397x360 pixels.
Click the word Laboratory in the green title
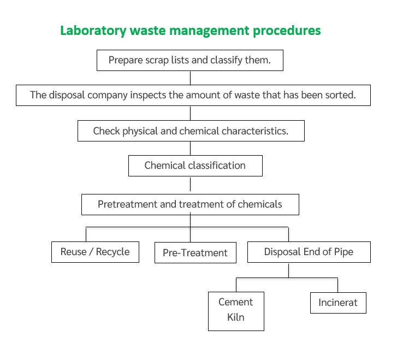[x=93, y=31]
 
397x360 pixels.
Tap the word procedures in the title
[x=287, y=31]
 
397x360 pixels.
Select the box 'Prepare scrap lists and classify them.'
[x=190, y=60]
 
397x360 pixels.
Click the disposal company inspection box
[x=193, y=95]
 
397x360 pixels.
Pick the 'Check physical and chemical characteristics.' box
[x=191, y=131]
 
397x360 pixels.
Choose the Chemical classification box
[x=195, y=166]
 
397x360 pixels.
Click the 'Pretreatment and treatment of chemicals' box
[x=190, y=204]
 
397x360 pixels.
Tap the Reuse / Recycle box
[x=95, y=252]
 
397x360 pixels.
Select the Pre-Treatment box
[x=195, y=252]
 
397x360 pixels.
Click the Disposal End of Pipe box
[x=309, y=252]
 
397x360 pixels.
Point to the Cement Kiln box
[x=236, y=311]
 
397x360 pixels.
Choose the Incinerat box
[x=338, y=303]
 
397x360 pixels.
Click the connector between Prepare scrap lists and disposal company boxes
[x=190, y=78]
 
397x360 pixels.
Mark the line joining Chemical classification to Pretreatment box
[x=190, y=184]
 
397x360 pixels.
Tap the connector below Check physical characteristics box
[x=190, y=148]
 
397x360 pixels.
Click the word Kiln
[x=236, y=317]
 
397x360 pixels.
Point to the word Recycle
[x=112, y=252]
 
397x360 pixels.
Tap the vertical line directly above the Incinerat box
[x=337, y=285]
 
